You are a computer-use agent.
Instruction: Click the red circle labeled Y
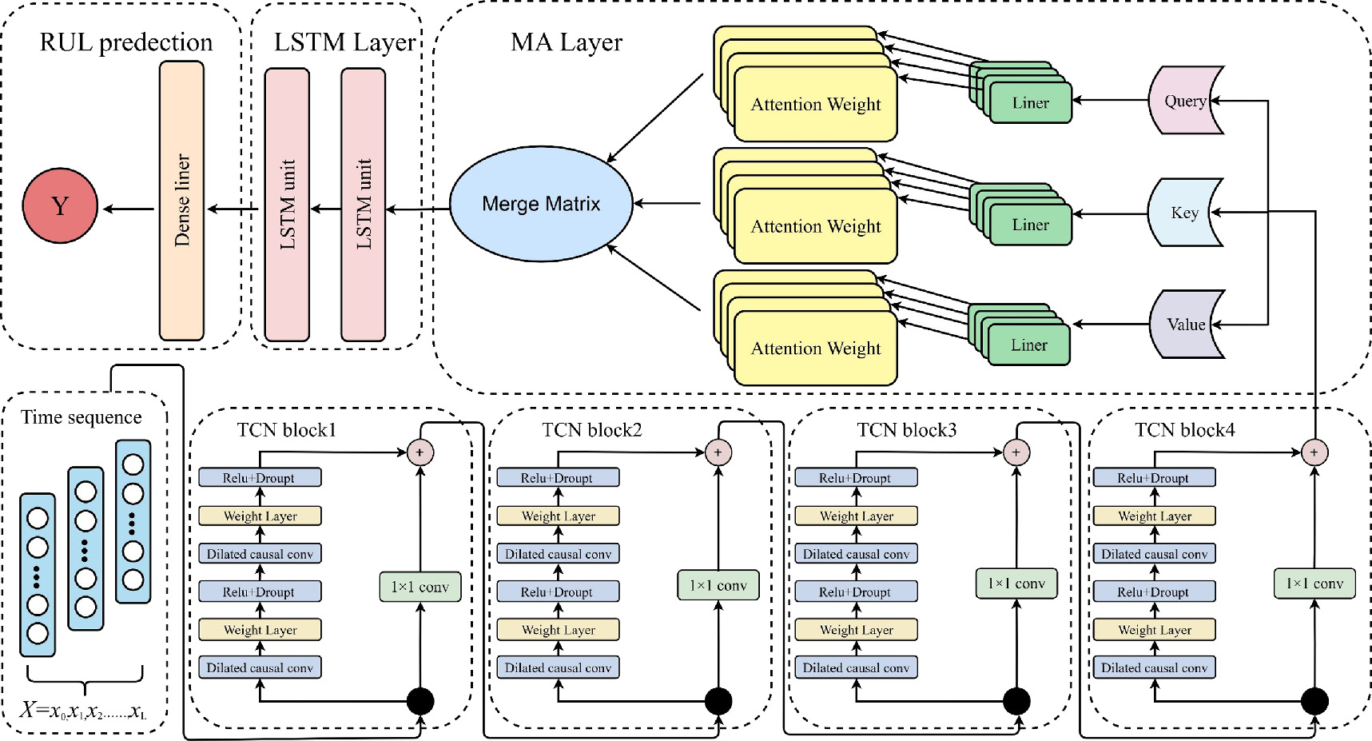point(60,206)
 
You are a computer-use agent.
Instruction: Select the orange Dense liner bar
point(181,201)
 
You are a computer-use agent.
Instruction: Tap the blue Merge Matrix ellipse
point(541,205)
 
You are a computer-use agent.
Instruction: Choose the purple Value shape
point(1184,325)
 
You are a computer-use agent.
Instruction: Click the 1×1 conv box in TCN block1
point(420,587)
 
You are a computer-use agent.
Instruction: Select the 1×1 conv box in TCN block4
point(1314,584)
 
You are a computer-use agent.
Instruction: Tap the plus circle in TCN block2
point(718,452)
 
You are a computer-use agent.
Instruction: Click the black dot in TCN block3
point(1016,701)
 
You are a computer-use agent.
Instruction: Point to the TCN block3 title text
point(906,430)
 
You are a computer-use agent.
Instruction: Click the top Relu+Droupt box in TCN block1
point(260,478)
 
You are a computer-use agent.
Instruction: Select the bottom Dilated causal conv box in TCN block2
point(558,667)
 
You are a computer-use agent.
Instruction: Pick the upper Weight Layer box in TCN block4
point(1154,516)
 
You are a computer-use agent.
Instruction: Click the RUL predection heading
point(126,42)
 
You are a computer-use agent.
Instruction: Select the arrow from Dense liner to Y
point(128,209)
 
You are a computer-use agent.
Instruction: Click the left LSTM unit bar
point(287,205)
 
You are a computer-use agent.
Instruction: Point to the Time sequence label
point(82,417)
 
